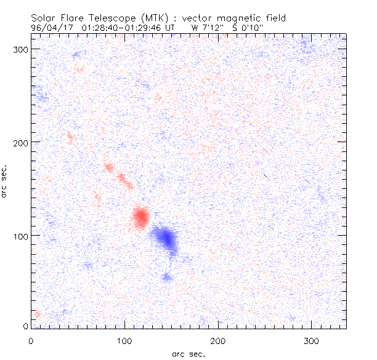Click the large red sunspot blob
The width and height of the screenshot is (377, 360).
coord(140,217)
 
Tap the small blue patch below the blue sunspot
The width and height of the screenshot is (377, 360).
coord(166,277)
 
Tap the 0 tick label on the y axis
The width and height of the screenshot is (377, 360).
coord(25,326)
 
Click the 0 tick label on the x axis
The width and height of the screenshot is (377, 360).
coord(31,340)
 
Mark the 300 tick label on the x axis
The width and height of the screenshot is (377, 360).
coord(312,340)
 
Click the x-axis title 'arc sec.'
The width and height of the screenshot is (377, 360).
coord(188,353)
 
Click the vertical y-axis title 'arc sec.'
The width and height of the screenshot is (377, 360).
coord(5,182)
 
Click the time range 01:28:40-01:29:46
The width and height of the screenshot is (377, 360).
coord(126,28)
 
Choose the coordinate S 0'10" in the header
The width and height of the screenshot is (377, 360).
coord(246,28)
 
